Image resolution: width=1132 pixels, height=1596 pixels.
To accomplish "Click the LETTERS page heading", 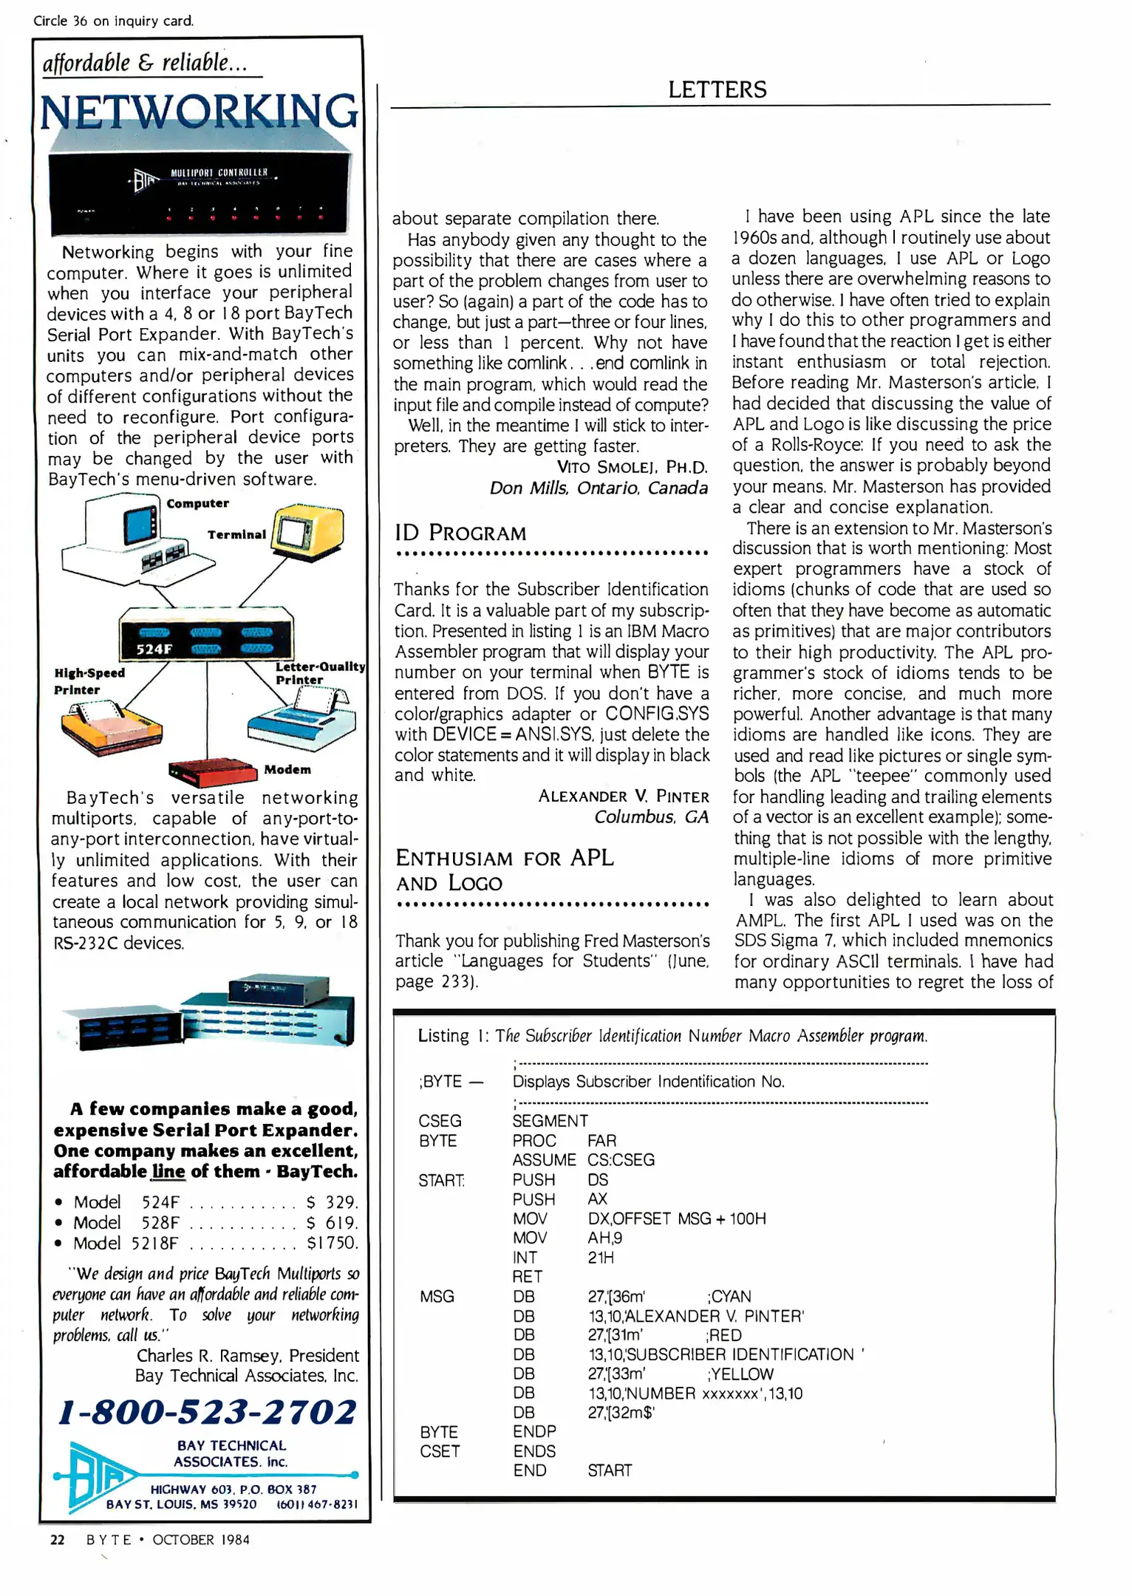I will (717, 89).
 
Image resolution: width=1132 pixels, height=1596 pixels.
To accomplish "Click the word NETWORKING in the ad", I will (200, 112).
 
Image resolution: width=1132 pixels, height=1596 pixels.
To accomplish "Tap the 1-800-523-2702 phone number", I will (208, 1411).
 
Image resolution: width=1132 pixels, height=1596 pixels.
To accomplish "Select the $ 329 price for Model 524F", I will (332, 1201).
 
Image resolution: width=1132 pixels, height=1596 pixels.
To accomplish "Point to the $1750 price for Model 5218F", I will (332, 1243).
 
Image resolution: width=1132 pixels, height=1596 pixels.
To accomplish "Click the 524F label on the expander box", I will (154, 649).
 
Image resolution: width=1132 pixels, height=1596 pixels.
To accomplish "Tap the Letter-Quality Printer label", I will (318, 672).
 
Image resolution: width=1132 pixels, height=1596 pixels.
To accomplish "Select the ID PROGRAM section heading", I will (460, 533).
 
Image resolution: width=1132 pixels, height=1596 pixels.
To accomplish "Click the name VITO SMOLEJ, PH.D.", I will (632, 467).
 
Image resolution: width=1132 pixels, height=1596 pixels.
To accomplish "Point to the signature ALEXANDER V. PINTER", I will (623, 796).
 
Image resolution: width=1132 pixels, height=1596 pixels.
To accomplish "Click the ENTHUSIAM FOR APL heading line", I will (504, 858).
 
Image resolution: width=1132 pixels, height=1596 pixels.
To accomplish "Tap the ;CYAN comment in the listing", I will (729, 1296).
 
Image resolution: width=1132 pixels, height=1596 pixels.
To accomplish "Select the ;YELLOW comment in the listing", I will (740, 1374).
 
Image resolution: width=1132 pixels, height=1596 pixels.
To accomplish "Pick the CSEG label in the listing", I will (440, 1121).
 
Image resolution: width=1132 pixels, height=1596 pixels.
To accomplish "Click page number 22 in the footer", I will (57, 1539).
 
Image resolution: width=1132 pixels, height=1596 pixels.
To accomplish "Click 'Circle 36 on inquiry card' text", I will (114, 21).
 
